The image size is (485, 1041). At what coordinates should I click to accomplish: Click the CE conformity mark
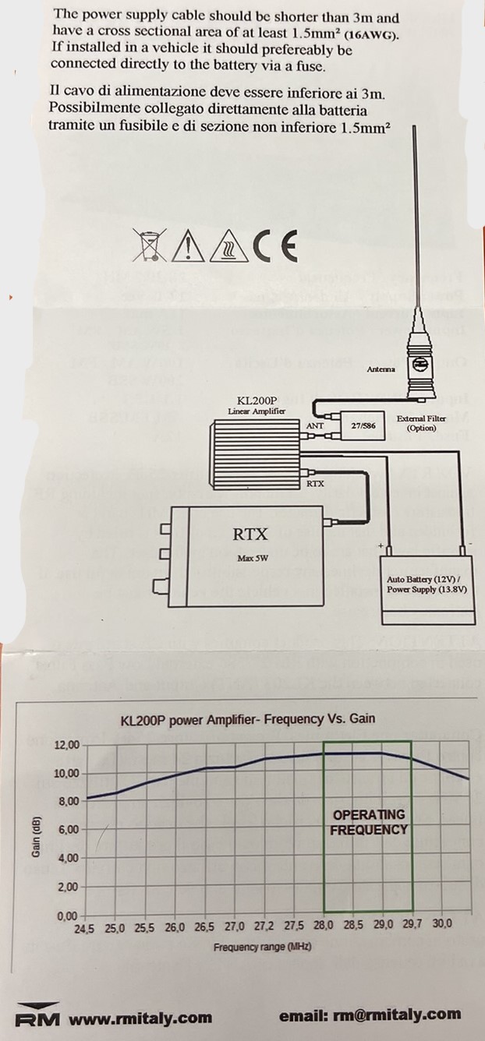point(274,246)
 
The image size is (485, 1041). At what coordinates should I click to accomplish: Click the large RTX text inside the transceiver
point(250,535)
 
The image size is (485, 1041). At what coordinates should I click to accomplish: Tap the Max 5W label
point(250,559)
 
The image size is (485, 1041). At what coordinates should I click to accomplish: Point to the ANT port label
point(316,426)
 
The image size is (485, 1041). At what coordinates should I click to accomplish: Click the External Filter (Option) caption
point(421,423)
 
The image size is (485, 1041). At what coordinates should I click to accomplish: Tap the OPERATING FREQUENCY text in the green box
point(369,822)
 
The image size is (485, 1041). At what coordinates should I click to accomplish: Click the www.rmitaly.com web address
point(140,1018)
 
